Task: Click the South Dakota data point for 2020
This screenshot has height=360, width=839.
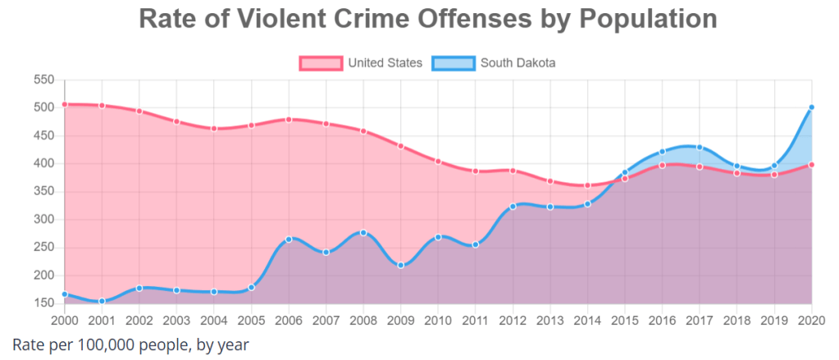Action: point(811,107)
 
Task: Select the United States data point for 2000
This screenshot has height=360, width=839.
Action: point(64,104)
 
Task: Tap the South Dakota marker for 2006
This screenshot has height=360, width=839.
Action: point(289,239)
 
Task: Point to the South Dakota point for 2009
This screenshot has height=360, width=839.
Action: point(400,265)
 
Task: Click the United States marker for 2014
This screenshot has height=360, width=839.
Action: point(587,185)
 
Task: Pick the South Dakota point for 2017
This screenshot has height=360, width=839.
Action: point(700,148)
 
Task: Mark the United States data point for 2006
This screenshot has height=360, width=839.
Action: point(289,120)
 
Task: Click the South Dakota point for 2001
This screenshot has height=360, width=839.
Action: point(102,301)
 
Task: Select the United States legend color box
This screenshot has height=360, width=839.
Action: point(321,62)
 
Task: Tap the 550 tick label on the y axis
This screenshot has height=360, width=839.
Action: point(43,80)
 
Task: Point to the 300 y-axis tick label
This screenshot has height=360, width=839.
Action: point(43,220)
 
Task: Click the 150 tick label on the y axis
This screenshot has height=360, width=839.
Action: point(43,303)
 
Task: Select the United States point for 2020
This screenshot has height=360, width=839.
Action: point(811,165)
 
